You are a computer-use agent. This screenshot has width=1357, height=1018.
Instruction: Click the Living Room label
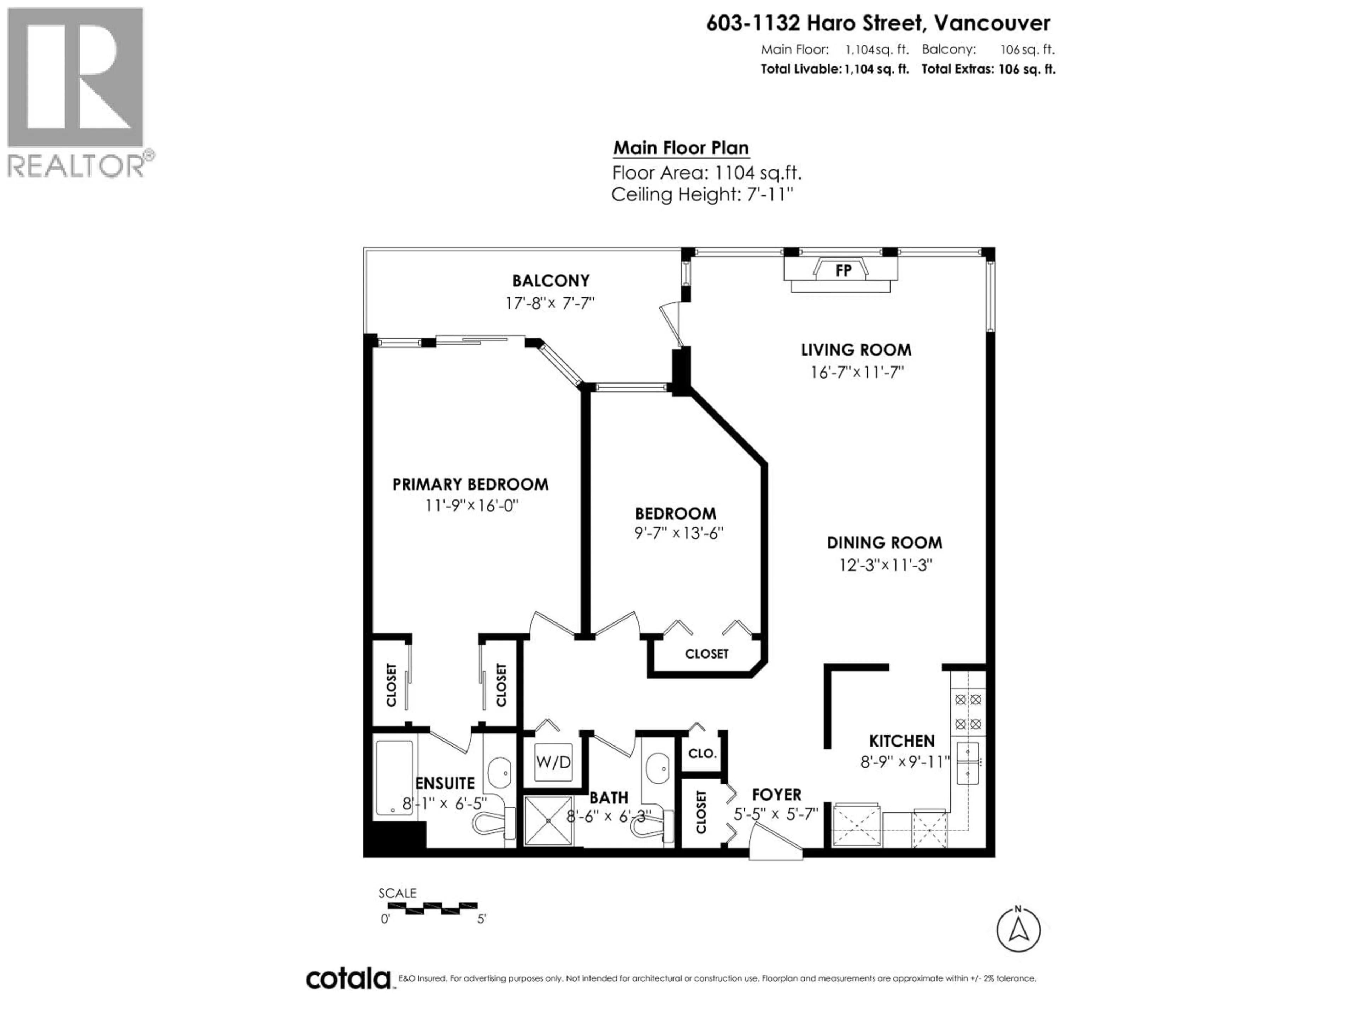pos(856,350)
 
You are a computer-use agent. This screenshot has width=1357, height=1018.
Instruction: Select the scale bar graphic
pos(428,908)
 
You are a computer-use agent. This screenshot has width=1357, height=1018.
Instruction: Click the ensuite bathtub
pos(394,778)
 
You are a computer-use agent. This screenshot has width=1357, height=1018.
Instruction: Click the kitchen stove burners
pos(968,711)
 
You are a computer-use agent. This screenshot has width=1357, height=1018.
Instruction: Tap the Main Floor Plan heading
pos(681,148)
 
